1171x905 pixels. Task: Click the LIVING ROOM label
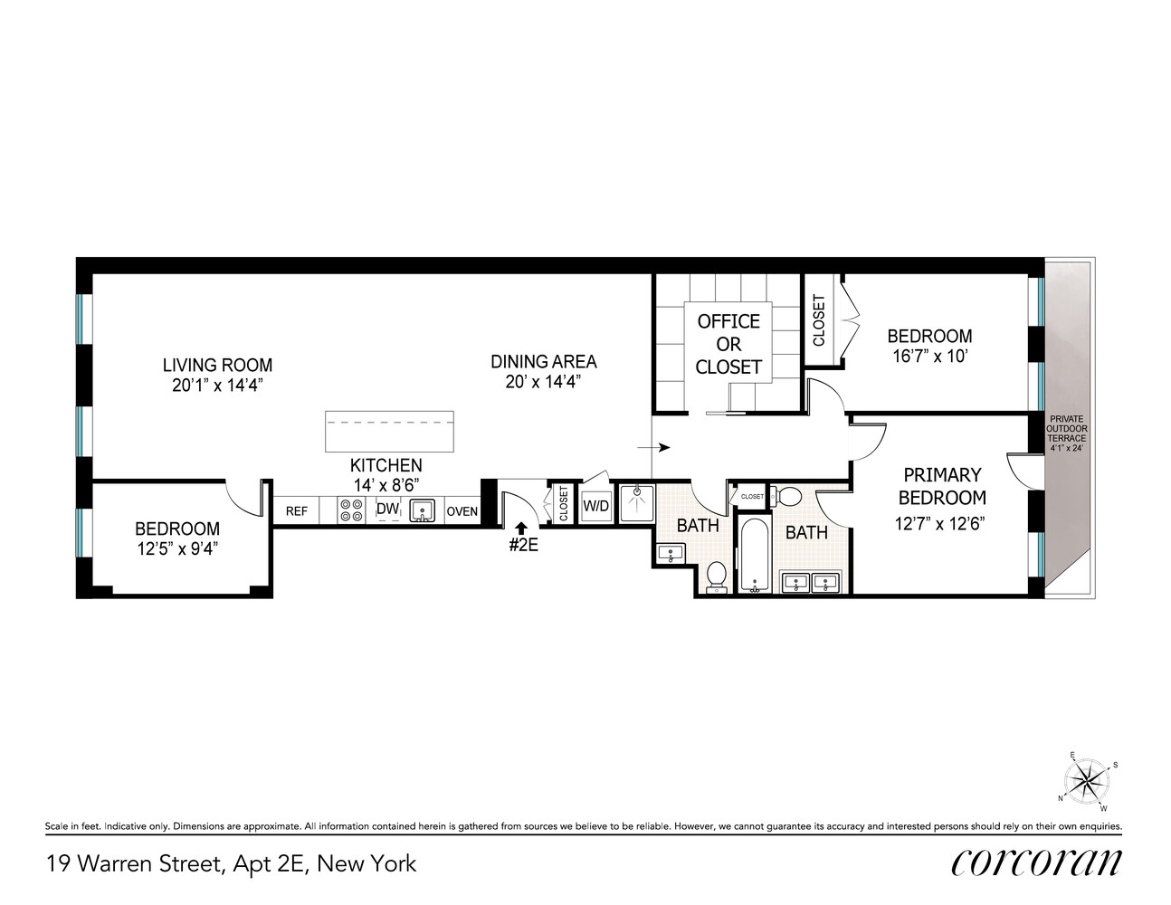click(217, 365)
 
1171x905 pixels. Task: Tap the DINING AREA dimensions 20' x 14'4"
click(543, 382)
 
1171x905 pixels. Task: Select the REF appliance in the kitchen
click(296, 511)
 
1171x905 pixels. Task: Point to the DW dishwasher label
click(387, 510)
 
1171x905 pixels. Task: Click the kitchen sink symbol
click(422, 511)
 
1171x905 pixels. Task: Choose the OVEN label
click(462, 511)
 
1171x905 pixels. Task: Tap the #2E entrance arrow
click(520, 529)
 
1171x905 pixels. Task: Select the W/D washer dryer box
click(595, 506)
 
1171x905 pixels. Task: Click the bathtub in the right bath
click(753, 554)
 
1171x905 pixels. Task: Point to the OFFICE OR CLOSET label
click(728, 344)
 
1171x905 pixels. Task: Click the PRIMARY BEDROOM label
click(941, 486)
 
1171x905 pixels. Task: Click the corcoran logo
click(1035, 862)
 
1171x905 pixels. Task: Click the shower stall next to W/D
click(635, 504)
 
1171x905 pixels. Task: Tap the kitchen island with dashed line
click(389, 431)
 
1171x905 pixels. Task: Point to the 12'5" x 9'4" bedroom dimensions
click(176, 548)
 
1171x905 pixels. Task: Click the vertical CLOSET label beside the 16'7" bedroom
click(819, 320)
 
